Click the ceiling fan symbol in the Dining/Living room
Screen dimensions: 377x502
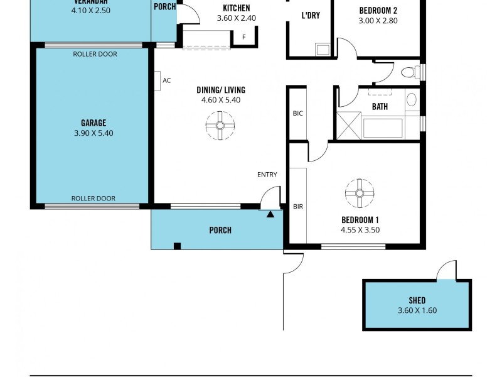(x=221, y=125)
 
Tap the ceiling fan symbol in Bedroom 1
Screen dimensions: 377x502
(x=360, y=193)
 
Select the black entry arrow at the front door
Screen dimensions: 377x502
(x=270, y=215)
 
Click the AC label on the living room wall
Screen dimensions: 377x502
(x=166, y=80)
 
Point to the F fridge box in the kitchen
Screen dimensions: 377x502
(x=244, y=37)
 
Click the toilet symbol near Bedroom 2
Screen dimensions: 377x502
(x=409, y=72)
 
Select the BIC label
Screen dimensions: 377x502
(x=297, y=114)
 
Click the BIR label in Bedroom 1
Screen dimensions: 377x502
(x=298, y=206)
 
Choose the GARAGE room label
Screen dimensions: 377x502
(x=93, y=123)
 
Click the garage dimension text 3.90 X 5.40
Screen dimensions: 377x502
(x=93, y=133)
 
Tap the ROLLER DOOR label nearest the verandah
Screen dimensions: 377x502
(x=95, y=54)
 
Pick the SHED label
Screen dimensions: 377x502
(x=417, y=300)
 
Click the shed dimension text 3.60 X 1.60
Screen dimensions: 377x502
(x=417, y=310)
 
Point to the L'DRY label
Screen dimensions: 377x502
(x=311, y=15)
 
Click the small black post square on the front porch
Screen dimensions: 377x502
(x=178, y=246)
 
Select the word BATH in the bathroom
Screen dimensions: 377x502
(x=380, y=107)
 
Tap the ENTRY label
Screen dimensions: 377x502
(x=267, y=175)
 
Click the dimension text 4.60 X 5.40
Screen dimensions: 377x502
(x=221, y=100)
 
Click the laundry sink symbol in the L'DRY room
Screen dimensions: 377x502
(x=323, y=50)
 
